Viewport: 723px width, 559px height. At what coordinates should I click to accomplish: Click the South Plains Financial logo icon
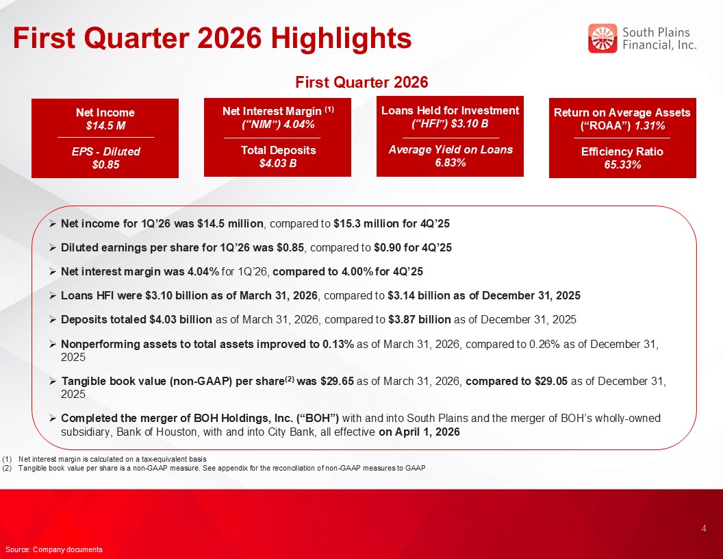pyautogui.click(x=602, y=38)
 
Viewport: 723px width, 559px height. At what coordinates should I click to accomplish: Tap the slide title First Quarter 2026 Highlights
pyautogui.click(x=212, y=38)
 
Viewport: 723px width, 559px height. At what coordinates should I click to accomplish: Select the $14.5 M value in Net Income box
pyautogui.click(x=105, y=125)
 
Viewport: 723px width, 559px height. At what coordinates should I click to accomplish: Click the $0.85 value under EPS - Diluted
pyautogui.click(x=105, y=164)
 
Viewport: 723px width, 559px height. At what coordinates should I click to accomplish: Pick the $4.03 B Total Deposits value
pyautogui.click(x=277, y=163)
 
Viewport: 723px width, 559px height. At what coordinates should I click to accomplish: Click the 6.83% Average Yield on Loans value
pyautogui.click(x=450, y=162)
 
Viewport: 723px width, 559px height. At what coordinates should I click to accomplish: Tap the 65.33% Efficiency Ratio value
pyautogui.click(x=622, y=164)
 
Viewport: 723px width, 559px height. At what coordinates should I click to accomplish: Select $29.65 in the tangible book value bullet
pyautogui.click(x=336, y=382)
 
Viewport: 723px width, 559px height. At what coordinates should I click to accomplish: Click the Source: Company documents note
pyautogui.click(x=53, y=549)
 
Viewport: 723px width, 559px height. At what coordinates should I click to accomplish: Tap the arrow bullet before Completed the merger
pyautogui.click(x=53, y=418)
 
